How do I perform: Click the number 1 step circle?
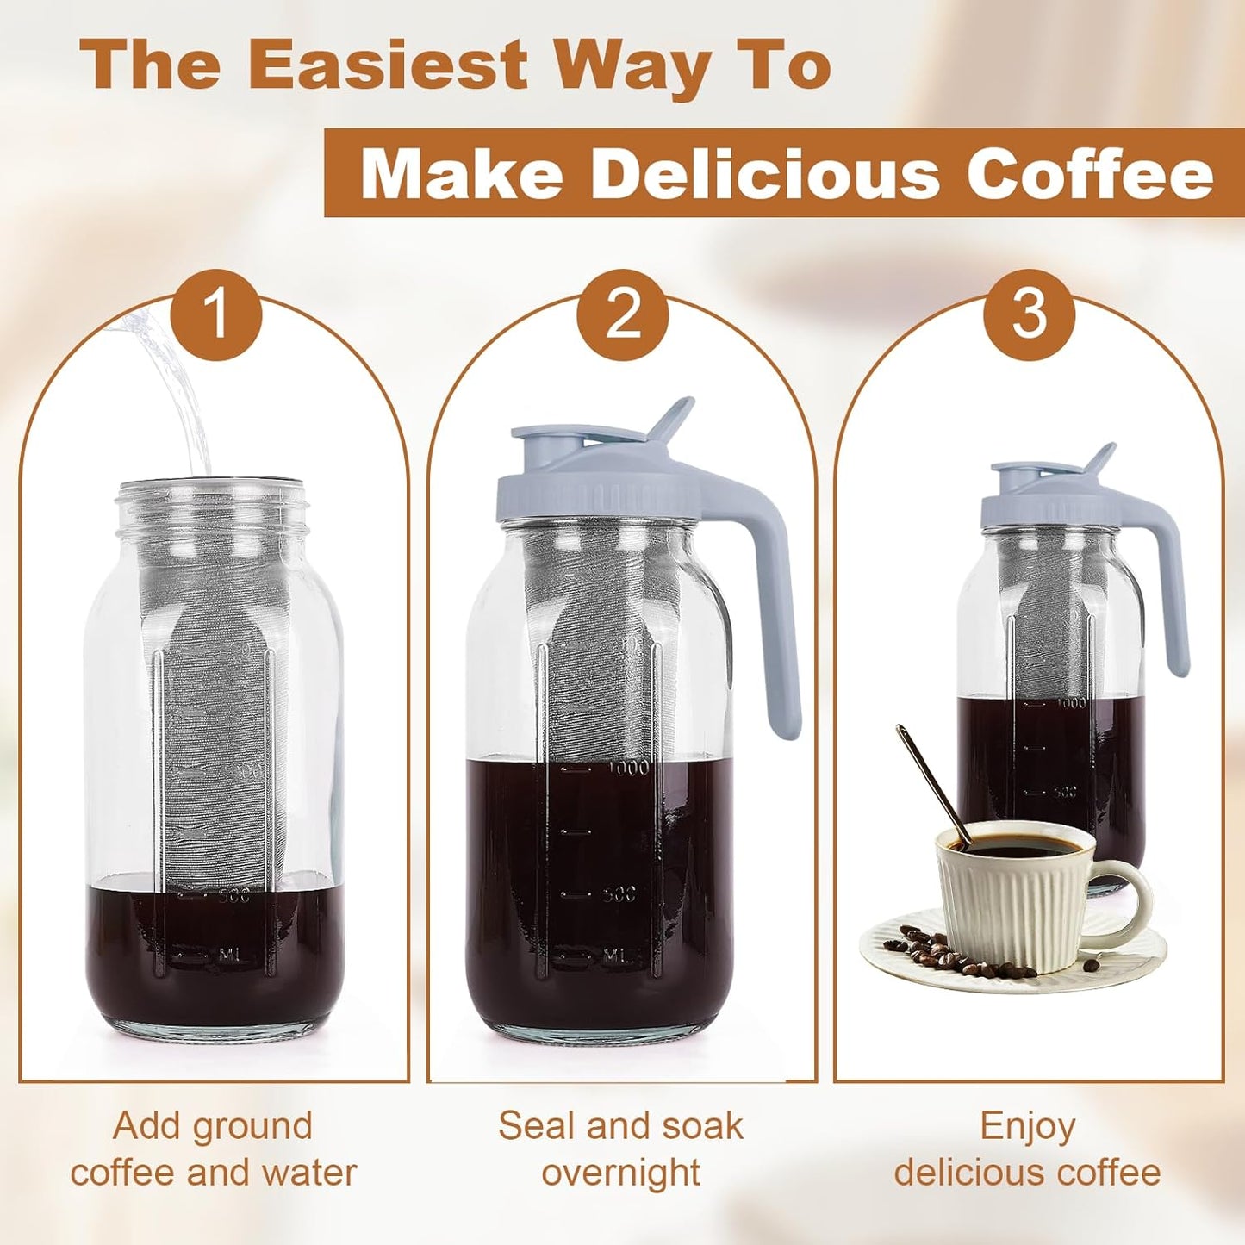(x=215, y=314)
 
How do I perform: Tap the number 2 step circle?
(x=623, y=314)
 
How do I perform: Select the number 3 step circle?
(x=1029, y=314)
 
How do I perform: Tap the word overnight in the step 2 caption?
(x=621, y=1173)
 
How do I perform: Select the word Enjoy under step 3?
(x=1028, y=1127)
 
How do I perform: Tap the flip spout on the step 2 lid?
(x=672, y=418)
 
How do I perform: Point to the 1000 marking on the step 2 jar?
(x=628, y=767)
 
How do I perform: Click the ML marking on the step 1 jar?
(x=228, y=955)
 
